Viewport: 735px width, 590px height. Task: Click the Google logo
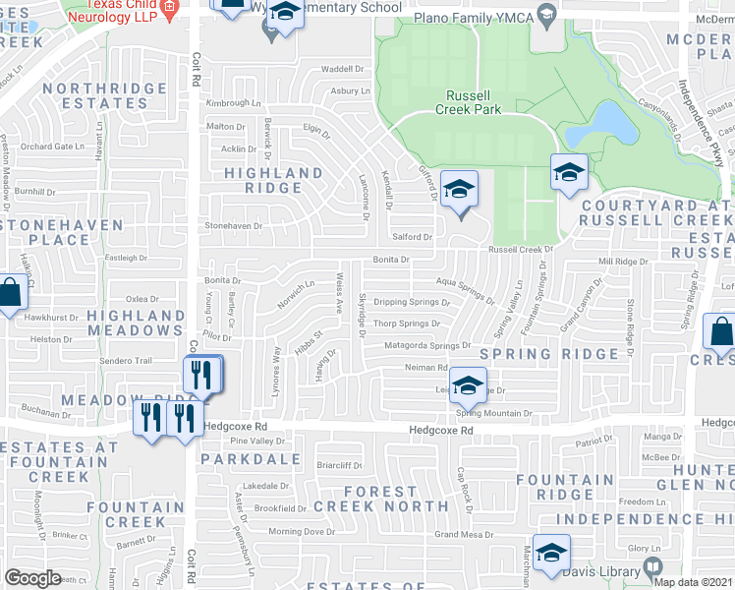(32, 577)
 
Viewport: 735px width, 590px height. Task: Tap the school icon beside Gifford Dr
(459, 190)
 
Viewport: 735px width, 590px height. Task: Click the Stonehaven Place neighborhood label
(62, 232)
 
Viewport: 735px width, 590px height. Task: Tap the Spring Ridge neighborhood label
(563, 353)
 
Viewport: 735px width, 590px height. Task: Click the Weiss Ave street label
(339, 294)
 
